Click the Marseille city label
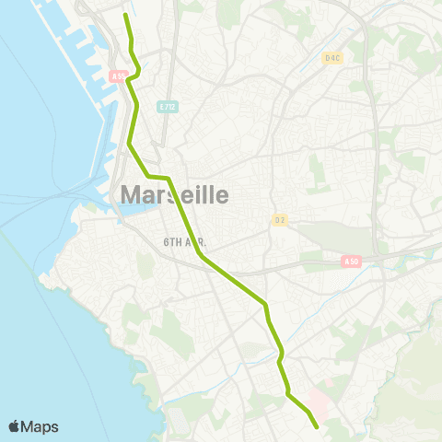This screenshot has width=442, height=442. tap(174, 195)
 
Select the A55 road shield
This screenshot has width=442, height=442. tap(117, 76)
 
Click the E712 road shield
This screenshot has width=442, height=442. tap(167, 106)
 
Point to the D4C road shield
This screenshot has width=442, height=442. tap(332, 57)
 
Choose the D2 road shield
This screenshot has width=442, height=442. tap(279, 219)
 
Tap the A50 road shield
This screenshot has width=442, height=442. tap(351, 262)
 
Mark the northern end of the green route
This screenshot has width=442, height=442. tap(126, 15)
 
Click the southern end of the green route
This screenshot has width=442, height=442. tap(317, 426)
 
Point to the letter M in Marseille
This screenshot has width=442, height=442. tap(131, 195)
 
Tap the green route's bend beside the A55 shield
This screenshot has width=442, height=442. tap(130, 80)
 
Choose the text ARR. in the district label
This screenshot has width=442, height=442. tap(192, 241)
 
